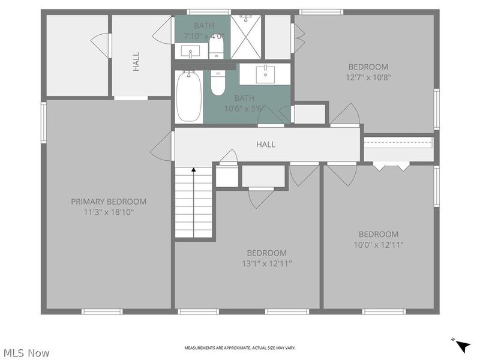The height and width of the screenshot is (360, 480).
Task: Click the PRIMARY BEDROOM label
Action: pyautogui.click(x=109, y=202)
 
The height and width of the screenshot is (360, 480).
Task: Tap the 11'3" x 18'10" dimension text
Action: pyautogui.click(x=109, y=212)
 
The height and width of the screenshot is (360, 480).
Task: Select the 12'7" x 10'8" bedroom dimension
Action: pyautogui.click(x=368, y=77)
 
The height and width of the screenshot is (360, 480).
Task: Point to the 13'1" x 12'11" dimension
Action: pyautogui.click(x=267, y=263)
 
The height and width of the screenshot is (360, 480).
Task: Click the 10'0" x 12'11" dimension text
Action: pyautogui.click(x=379, y=245)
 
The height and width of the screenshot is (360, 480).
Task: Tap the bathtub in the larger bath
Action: pyautogui.click(x=189, y=97)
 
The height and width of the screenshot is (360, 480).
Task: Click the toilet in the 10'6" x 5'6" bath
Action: pyautogui.click(x=218, y=83)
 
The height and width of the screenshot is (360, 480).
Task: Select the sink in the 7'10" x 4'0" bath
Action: pyautogui.click(x=190, y=52)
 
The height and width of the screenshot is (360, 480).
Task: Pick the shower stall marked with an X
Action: pyautogui.click(x=246, y=37)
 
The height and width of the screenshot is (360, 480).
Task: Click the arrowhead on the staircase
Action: pyautogui.click(x=193, y=170)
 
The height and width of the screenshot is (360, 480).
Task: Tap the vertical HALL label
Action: pyautogui.click(x=136, y=61)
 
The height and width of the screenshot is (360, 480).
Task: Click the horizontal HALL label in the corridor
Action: pyautogui.click(x=266, y=144)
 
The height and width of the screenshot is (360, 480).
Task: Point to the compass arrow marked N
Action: pyautogui.click(x=463, y=347)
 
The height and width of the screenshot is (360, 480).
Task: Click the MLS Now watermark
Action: pyautogui.click(x=26, y=353)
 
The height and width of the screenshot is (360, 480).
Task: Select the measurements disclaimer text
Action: pyautogui.click(x=240, y=348)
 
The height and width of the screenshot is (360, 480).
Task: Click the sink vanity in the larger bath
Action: pyautogui.click(x=265, y=74)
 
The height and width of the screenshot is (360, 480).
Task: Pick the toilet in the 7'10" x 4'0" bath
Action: pyautogui.click(x=217, y=46)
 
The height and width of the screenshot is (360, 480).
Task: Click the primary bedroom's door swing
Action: pyautogui.click(x=161, y=146)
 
